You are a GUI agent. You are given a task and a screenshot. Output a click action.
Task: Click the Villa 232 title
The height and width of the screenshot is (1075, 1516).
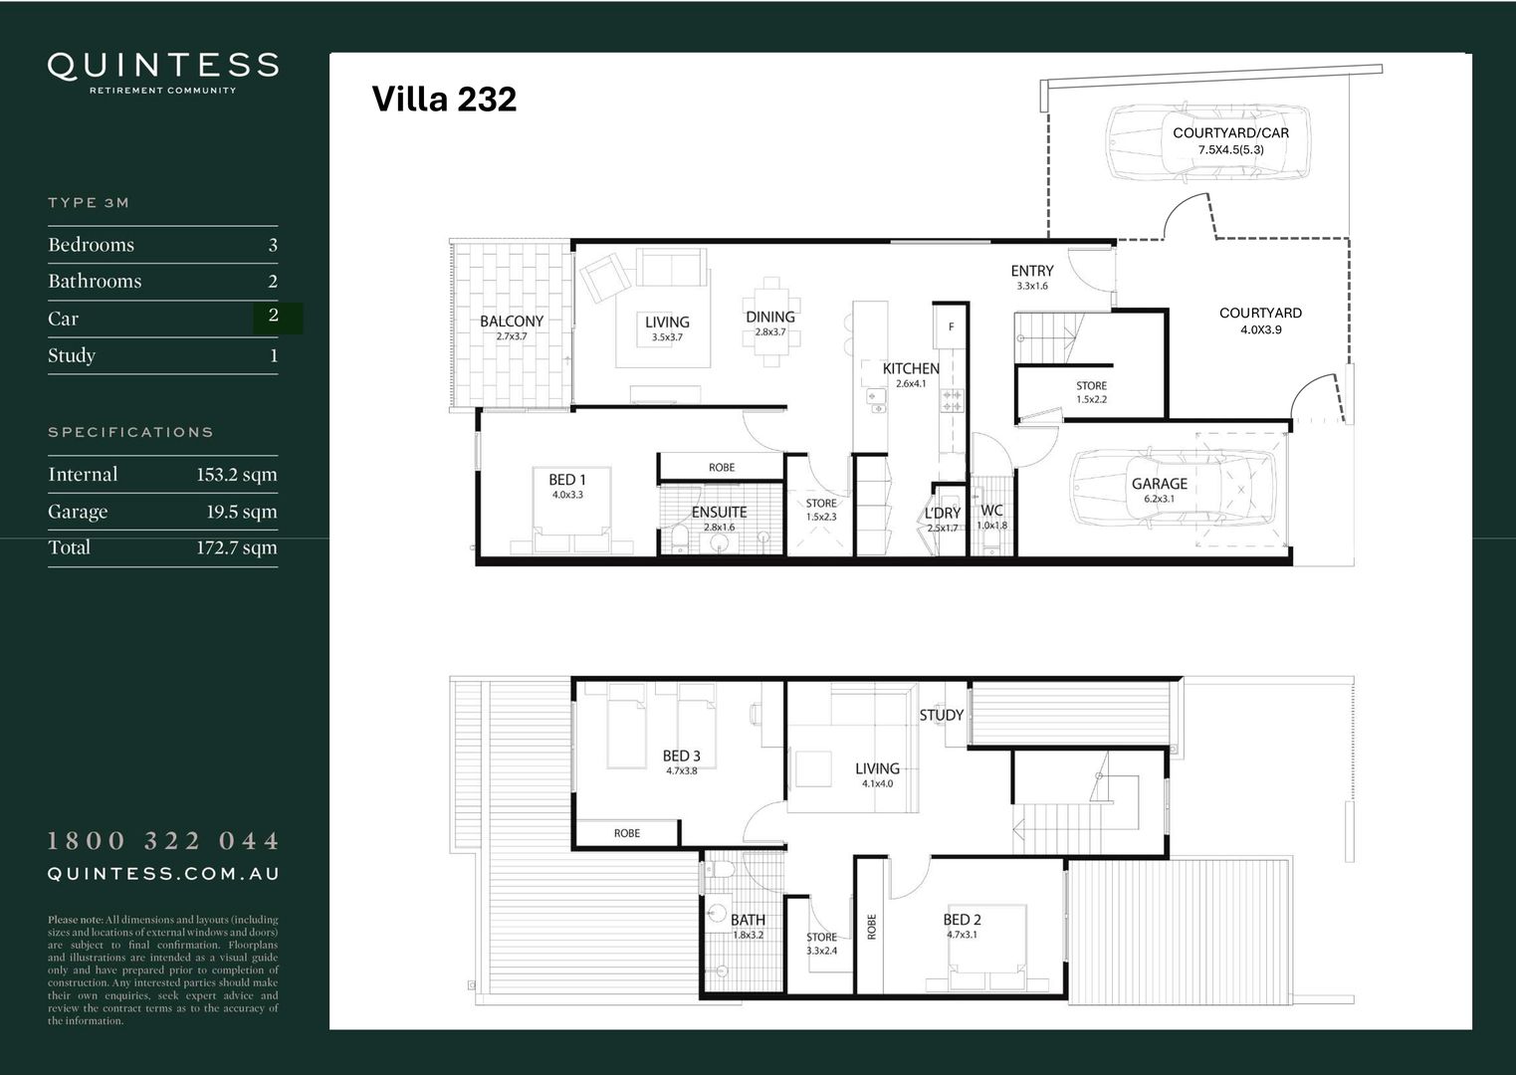444,100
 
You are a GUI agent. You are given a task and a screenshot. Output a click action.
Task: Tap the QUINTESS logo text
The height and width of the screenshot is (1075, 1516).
163,66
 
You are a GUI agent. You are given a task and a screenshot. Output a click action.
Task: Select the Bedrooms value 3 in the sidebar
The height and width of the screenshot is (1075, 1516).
273,245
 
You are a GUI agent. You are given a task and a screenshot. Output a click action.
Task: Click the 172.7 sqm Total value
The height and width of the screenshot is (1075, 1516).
236,547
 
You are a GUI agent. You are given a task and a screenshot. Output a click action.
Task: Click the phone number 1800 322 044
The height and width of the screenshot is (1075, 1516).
163,841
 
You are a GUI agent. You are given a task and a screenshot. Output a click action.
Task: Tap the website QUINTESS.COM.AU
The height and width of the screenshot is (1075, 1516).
163,874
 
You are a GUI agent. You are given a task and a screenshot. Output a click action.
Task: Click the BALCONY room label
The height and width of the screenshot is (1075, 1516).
512,322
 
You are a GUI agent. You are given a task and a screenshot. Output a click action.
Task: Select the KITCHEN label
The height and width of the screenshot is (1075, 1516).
911,368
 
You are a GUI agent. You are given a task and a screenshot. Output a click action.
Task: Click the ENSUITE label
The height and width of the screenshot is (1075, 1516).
719,513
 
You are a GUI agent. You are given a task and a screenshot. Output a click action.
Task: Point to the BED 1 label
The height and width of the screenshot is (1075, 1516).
567,480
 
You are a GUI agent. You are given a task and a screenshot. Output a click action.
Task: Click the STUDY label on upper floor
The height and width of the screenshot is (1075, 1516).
941,715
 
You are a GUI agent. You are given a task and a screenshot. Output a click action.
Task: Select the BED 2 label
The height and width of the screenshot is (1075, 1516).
963,920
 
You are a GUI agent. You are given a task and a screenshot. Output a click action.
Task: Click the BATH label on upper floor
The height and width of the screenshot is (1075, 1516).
748,921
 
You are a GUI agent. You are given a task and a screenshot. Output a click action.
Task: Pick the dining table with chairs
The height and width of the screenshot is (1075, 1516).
769,321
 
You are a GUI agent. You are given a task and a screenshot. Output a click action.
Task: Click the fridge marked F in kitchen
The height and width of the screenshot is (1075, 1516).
951,326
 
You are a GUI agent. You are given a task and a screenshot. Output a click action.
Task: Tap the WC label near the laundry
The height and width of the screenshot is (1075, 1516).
991,511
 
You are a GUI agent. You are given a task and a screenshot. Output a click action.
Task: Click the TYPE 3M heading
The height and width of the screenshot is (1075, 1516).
89,203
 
